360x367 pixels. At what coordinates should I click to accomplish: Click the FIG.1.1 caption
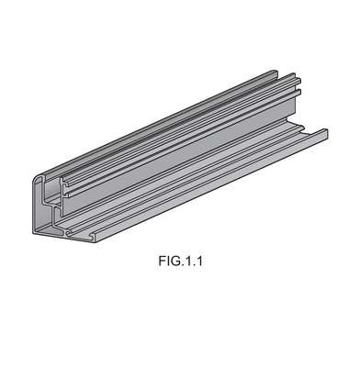click(x=180, y=261)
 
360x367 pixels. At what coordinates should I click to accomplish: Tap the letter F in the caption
click(x=162, y=261)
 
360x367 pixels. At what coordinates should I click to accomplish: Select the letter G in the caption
click(x=173, y=261)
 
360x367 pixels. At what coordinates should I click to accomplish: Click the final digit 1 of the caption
click(x=199, y=261)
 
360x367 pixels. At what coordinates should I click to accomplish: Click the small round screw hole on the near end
click(x=68, y=234)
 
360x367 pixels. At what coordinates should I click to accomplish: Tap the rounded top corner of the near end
click(x=39, y=178)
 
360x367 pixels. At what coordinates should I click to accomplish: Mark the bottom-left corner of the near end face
click(x=33, y=234)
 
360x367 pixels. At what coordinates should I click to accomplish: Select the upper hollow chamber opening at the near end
click(x=52, y=190)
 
